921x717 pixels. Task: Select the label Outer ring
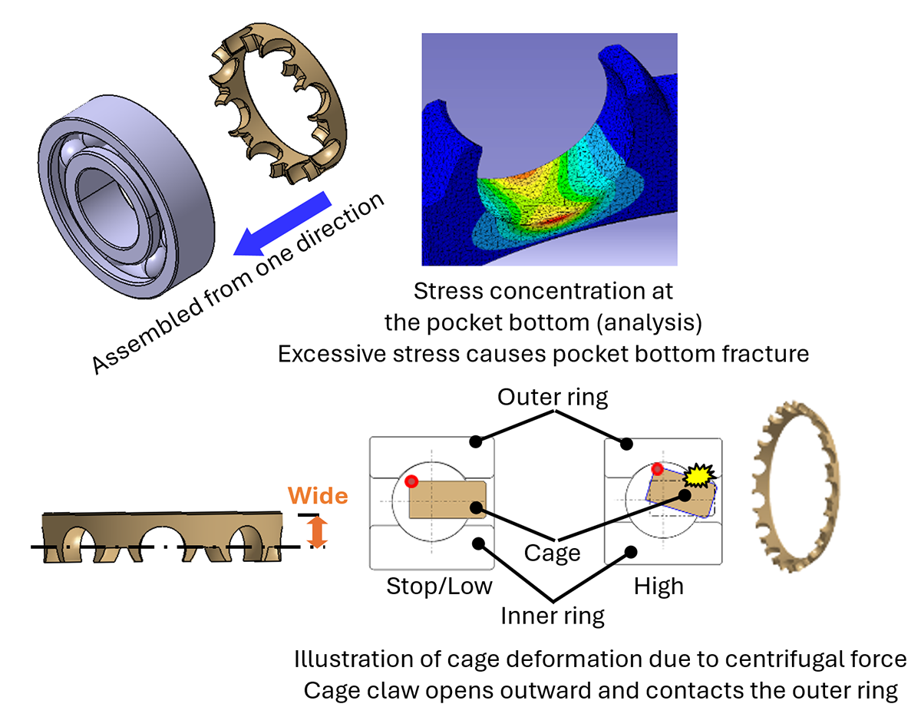coord(552,398)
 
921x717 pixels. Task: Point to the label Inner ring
coord(552,615)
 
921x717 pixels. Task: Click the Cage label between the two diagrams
coord(552,553)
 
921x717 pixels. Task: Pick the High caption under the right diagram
coord(658,587)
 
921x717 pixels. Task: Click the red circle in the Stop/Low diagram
coord(412,481)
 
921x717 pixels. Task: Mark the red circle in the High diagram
coord(656,469)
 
